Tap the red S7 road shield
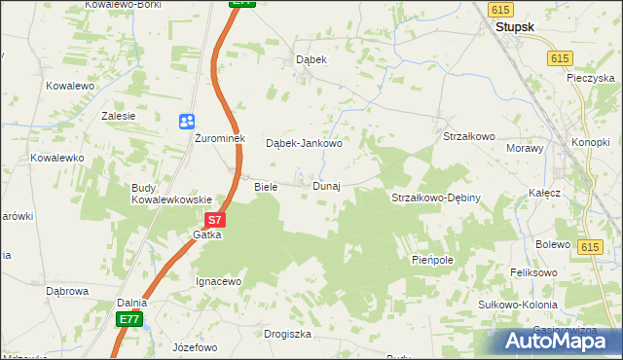217,221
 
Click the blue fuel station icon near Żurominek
186,121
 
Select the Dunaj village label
326,186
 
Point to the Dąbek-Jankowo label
304,143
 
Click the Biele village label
266,186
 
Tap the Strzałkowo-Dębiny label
435,198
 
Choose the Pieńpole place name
433,261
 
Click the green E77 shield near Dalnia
130,318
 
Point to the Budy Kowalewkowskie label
172,193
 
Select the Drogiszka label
287,334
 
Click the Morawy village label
525,148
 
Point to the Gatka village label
207,234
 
